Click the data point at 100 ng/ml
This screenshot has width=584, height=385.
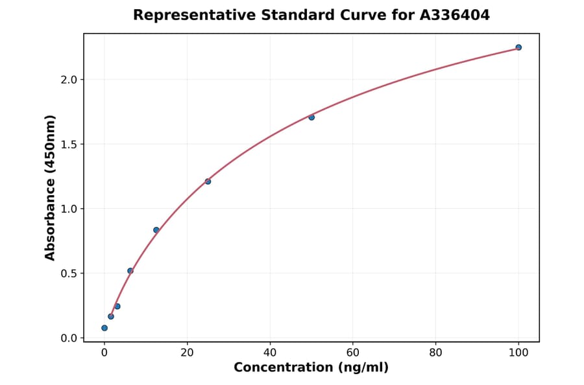[518, 47]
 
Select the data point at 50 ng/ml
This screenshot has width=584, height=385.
[311, 117]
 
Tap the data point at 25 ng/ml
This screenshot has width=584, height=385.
[208, 181]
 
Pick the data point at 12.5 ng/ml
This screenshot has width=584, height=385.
[156, 230]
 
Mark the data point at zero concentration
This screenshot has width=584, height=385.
[104, 328]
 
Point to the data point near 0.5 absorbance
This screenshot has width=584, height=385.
[130, 271]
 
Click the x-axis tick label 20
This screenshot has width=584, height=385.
[187, 353]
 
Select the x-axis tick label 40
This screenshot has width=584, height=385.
[270, 353]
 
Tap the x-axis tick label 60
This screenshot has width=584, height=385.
[353, 353]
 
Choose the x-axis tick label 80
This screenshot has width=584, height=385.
[435, 353]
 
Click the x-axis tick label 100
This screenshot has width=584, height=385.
[518, 353]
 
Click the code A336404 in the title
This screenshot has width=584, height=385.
[456, 15]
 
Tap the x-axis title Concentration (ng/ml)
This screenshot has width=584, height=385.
[311, 368]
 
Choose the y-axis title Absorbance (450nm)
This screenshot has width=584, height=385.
[51, 188]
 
